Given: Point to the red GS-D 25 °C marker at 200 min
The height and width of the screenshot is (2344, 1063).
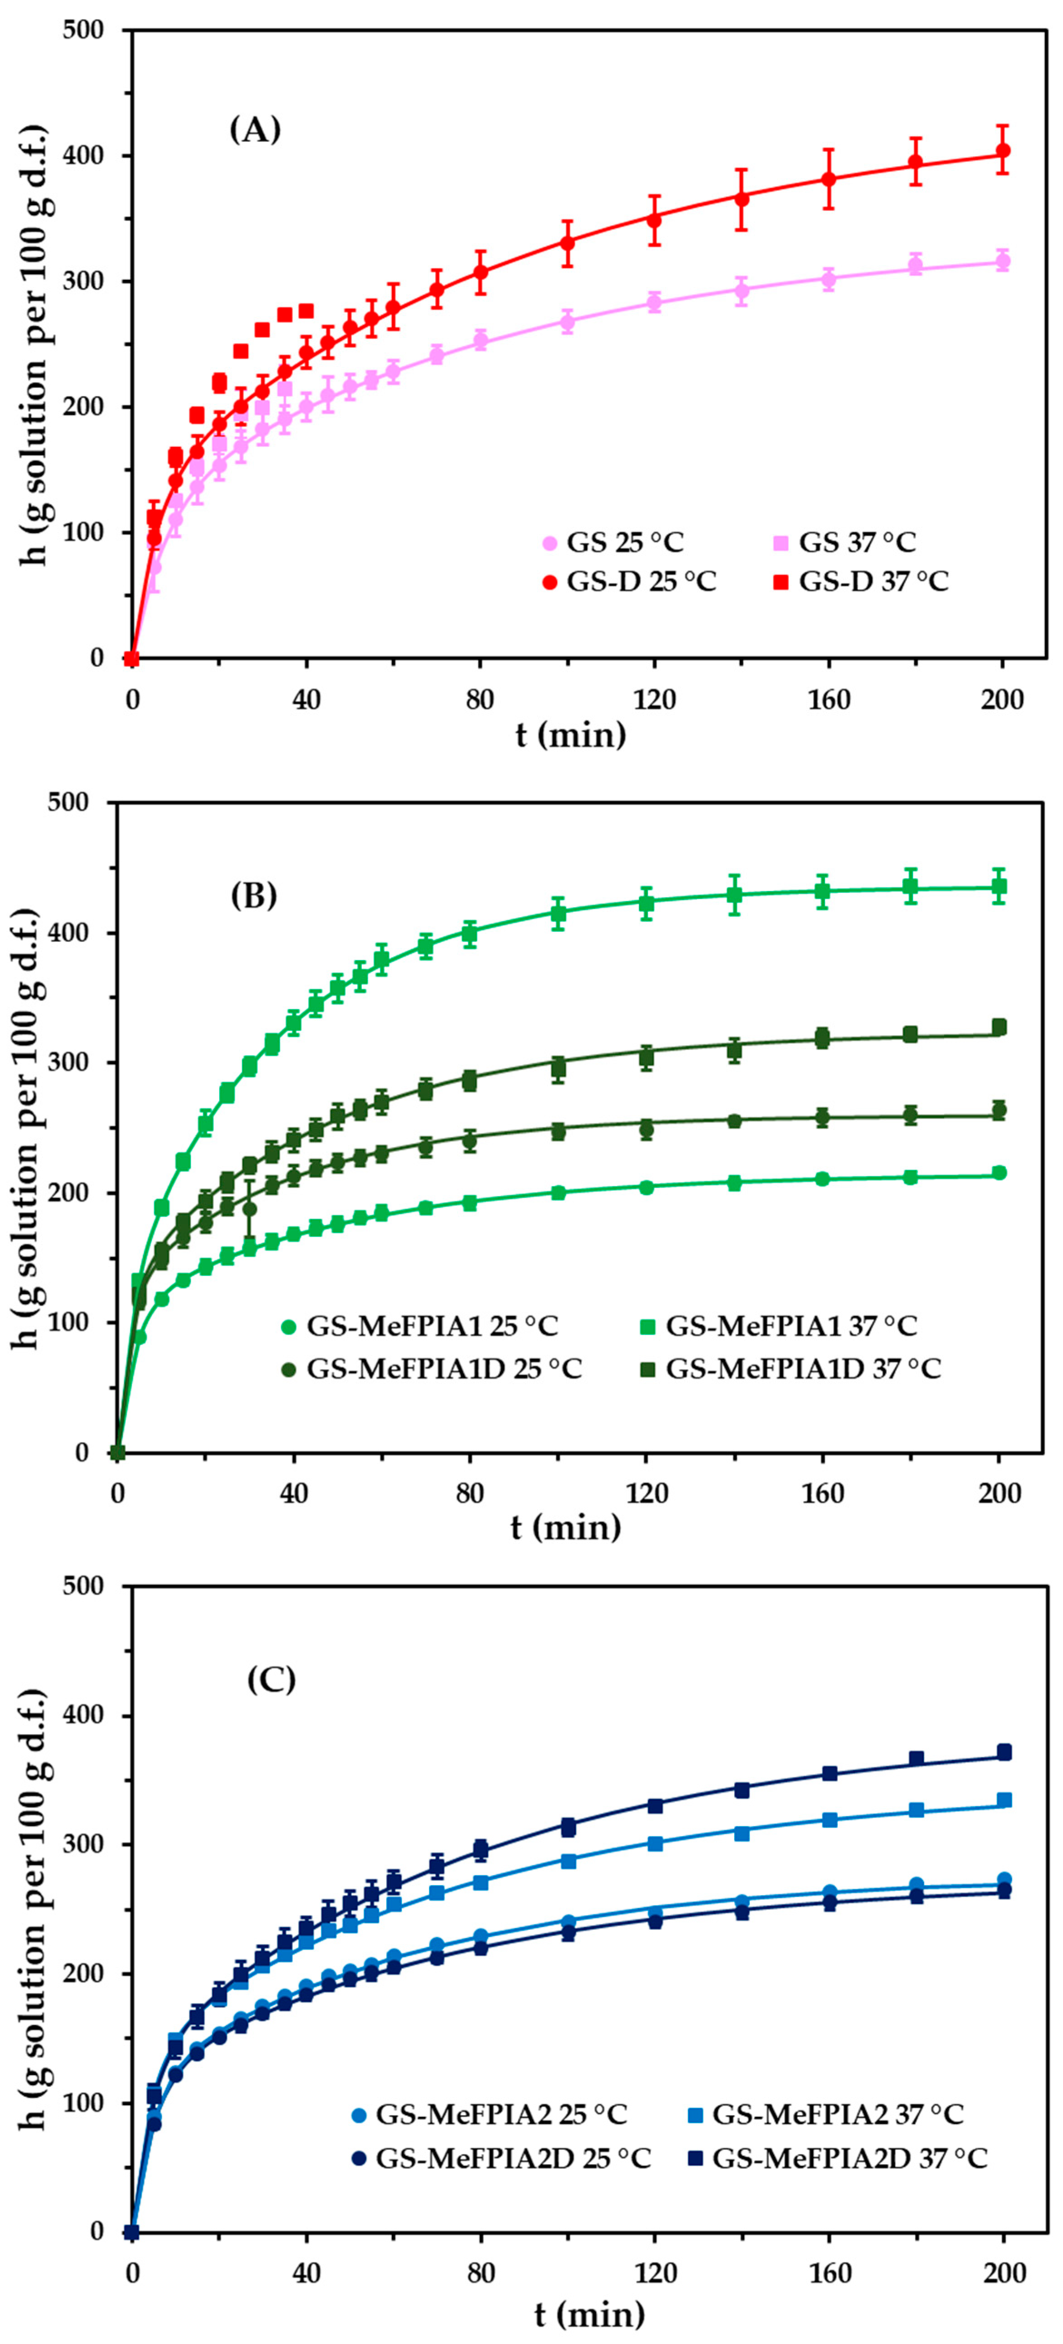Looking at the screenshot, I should (x=1003, y=151).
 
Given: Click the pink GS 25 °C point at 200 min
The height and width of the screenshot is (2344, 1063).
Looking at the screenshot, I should (x=1003, y=262).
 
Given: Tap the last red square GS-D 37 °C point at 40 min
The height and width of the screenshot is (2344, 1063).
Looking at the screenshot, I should (x=306, y=311).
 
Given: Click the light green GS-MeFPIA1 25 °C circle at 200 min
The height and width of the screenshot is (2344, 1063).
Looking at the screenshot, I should (x=999, y=1173).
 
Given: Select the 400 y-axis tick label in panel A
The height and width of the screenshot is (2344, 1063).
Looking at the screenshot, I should (x=85, y=157).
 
